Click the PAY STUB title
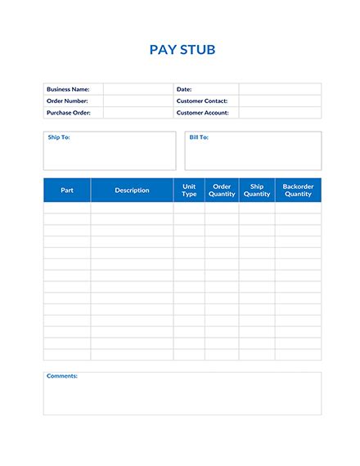pos(182,50)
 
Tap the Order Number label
pos(67,101)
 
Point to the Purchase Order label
pos(69,113)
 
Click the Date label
pos(184,89)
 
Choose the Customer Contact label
pos(201,101)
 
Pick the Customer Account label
pos(202,113)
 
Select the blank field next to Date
pos(280,89)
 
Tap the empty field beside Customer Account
pos(280,113)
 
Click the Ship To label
pos(59,137)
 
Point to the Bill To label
pos(199,137)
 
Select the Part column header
pos(67,190)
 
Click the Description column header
pos(132,190)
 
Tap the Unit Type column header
pos(189,190)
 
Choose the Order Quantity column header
pos(222,190)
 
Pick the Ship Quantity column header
pos(257,190)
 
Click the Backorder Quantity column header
pos(298,190)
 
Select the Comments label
pos(62,376)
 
